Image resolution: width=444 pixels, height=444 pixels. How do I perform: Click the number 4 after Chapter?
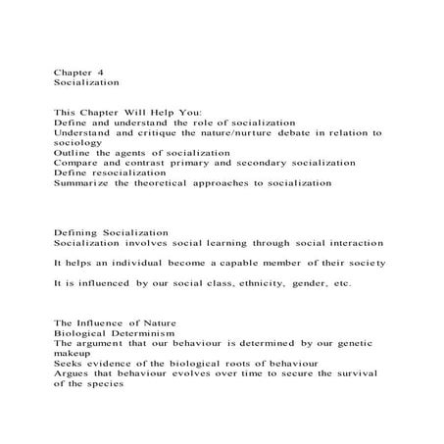point(100,73)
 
